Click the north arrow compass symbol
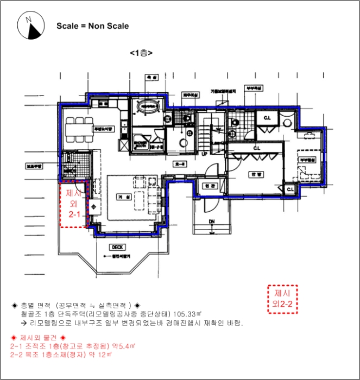click(x=31, y=26)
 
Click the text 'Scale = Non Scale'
click(x=92, y=26)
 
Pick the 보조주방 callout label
click(x=34, y=168)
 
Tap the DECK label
click(x=117, y=247)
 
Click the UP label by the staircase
click(x=205, y=154)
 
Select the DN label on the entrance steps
click(x=213, y=221)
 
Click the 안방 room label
click(x=252, y=175)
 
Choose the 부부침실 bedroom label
click(x=302, y=160)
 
